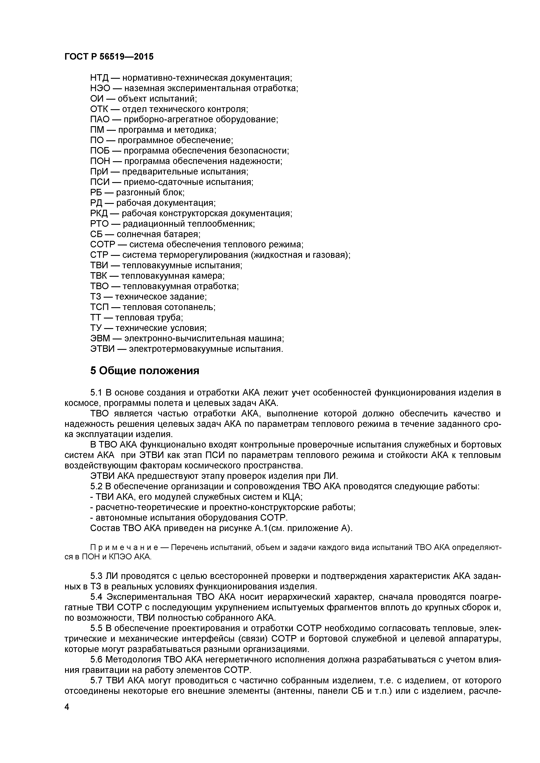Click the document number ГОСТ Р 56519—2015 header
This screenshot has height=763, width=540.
click(x=109, y=57)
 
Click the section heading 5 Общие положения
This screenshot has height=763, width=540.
click(x=145, y=371)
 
